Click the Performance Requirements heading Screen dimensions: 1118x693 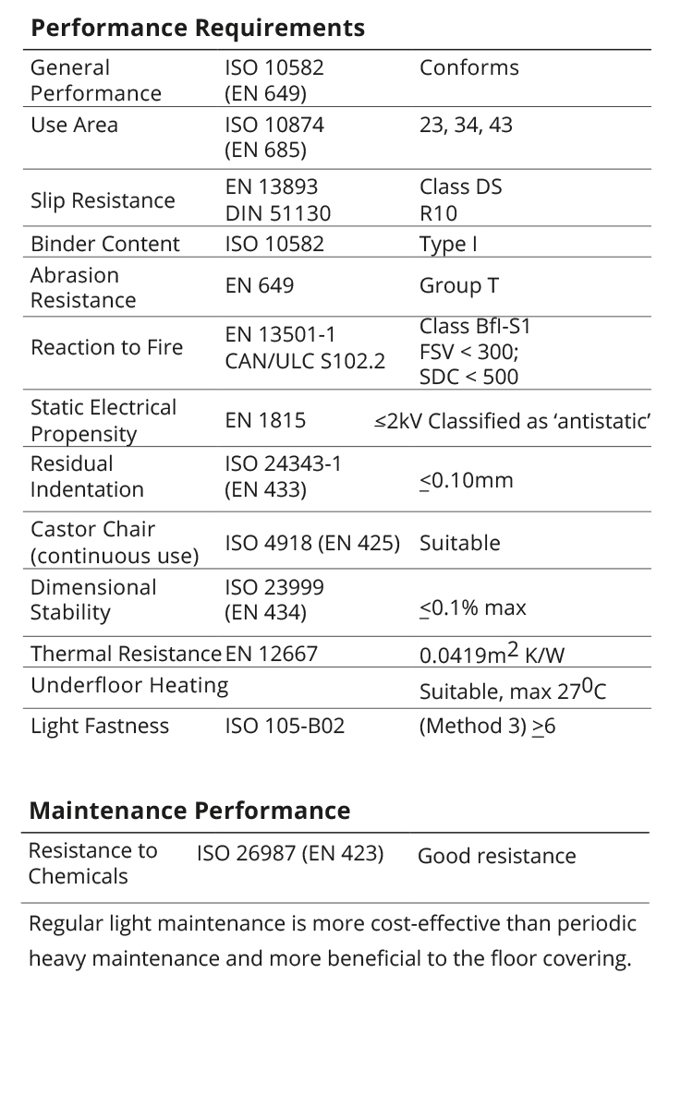tap(197, 28)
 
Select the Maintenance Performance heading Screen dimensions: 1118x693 tap(189, 811)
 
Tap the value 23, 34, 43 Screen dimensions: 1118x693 tap(465, 125)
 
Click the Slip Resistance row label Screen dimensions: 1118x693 tap(103, 200)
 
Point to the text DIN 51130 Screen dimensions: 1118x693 tap(277, 213)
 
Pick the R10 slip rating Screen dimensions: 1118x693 tap(438, 213)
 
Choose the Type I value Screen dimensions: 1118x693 tap(448, 244)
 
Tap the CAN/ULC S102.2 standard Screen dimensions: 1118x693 tap(305, 361)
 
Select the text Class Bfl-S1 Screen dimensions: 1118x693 tap(475, 327)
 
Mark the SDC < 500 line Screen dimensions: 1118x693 tap(468, 377)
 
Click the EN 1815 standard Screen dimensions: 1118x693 tap(265, 421)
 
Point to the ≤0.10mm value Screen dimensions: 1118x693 tap(466, 481)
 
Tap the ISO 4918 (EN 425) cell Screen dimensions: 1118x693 tap(312, 543)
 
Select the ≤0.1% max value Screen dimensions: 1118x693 tap(472, 607)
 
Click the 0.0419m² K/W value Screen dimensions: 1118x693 tap(492, 655)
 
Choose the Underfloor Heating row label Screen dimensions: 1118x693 tap(129, 685)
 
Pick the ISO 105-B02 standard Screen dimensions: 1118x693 tap(285, 726)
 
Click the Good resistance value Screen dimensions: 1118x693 tap(496, 856)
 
